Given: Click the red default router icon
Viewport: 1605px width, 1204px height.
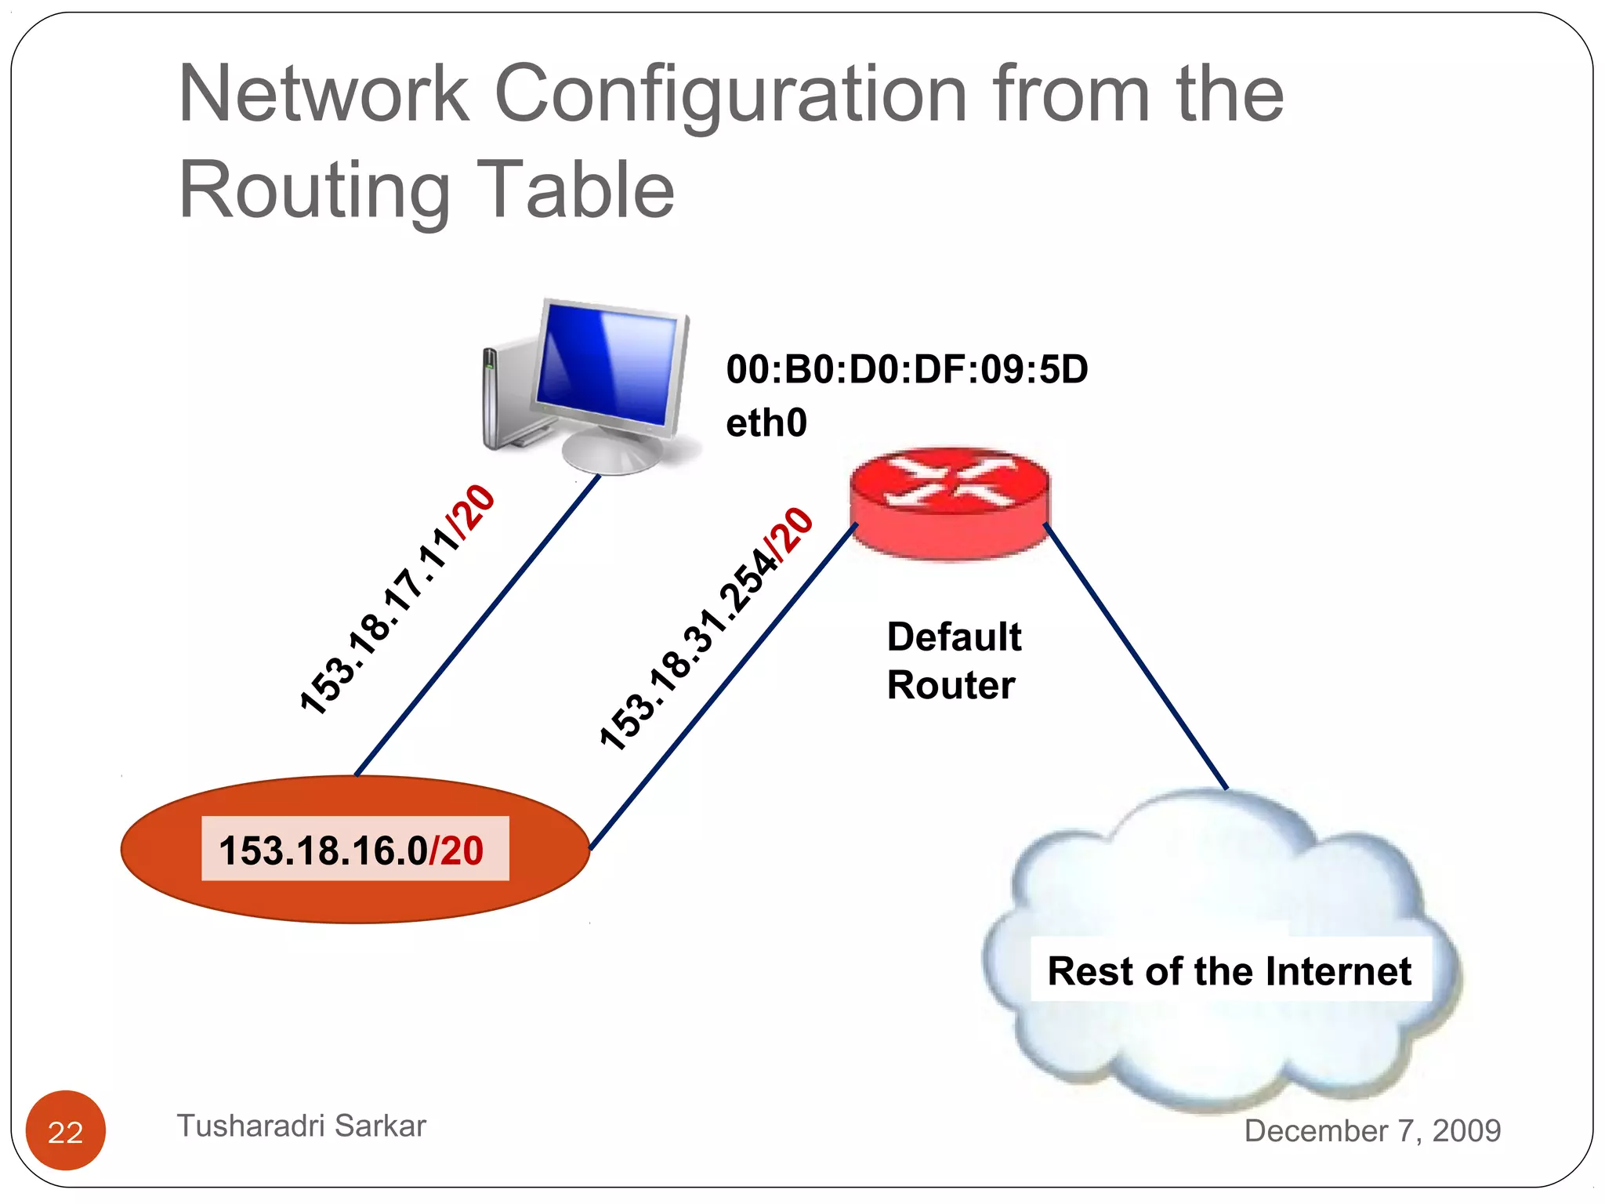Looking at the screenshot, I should coord(949,503).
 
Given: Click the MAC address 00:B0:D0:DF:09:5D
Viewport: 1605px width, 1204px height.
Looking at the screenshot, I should coord(907,369).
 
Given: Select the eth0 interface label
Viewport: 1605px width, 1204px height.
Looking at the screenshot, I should coord(766,423).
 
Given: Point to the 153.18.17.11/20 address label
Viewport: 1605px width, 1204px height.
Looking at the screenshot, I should coord(397,600).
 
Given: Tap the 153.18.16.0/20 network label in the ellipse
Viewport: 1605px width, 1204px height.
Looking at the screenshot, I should coord(352,850).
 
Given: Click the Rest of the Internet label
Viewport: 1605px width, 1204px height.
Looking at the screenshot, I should coord(1229,971).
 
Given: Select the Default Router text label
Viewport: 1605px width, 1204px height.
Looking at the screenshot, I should coord(953,661).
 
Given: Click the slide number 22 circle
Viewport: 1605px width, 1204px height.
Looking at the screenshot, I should coord(66,1131).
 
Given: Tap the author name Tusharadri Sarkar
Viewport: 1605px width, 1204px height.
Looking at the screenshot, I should coord(302,1126).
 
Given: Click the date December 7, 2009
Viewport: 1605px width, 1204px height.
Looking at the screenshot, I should coord(1372,1130).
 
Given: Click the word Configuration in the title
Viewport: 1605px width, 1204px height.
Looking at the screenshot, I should coord(730,94).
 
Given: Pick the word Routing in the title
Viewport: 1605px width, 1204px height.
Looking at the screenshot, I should coord(314,190).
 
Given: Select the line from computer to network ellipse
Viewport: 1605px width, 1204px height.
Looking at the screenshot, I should coord(478,626).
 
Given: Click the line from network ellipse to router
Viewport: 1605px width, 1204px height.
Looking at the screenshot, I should coord(721,687).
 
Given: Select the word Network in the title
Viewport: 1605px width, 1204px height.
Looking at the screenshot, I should coord(324,94).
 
